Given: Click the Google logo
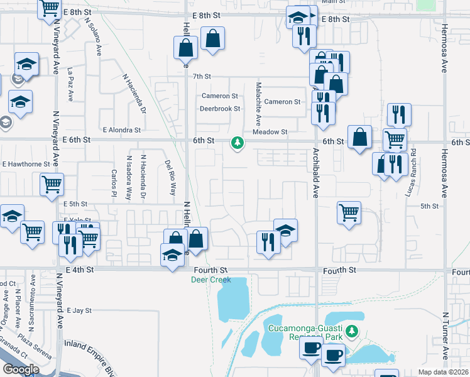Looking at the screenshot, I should [x=21, y=369].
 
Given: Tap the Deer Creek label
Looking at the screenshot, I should [x=211, y=280].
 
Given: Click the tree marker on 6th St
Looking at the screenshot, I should [x=238, y=144].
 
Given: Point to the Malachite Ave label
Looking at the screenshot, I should [x=258, y=103].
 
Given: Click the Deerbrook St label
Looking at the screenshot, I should [x=220, y=109].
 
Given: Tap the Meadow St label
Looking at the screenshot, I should [x=270, y=132].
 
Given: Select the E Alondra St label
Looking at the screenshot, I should [x=119, y=130].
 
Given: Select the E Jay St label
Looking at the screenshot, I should [x=79, y=310].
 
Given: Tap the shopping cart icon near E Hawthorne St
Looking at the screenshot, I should [x=52, y=183].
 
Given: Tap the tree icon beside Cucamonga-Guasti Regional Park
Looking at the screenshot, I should [x=352, y=331].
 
